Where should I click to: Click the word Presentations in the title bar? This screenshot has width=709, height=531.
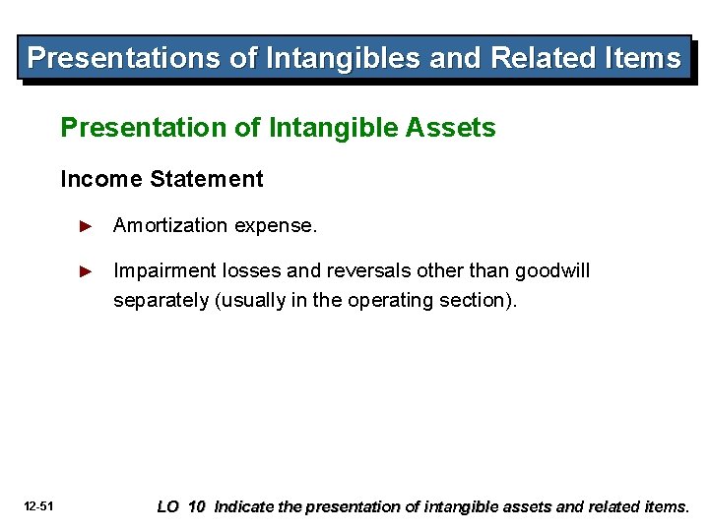(124, 58)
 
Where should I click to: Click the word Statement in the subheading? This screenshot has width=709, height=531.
(207, 179)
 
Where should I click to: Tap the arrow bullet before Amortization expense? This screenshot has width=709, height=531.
(86, 226)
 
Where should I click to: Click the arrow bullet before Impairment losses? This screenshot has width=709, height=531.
(86, 271)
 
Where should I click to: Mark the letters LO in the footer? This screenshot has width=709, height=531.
(168, 507)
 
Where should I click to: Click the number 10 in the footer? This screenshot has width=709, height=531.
(197, 507)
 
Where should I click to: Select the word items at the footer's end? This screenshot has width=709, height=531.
(665, 507)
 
